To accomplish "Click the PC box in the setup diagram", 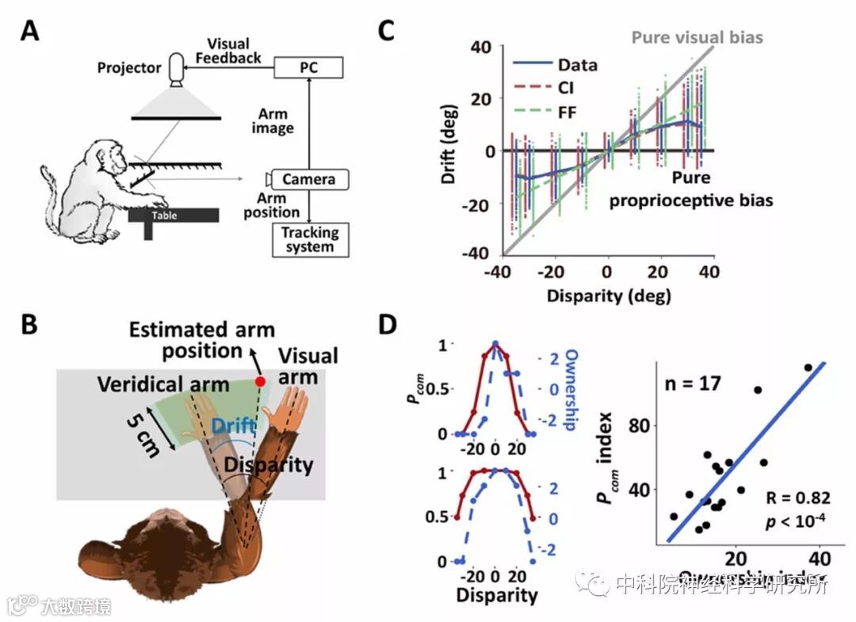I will click(x=309, y=67).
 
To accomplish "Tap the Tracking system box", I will click(x=309, y=239).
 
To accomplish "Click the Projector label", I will click(x=129, y=67).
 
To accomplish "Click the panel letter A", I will click(x=29, y=31).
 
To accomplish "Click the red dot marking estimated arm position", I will click(x=260, y=382).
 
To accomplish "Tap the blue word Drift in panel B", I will click(x=233, y=427).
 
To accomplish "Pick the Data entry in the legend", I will click(x=577, y=65).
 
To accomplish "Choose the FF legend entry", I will click(x=568, y=113).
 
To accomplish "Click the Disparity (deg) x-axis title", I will click(x=608, y=296).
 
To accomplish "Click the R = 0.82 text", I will click(x=799, y=498).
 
